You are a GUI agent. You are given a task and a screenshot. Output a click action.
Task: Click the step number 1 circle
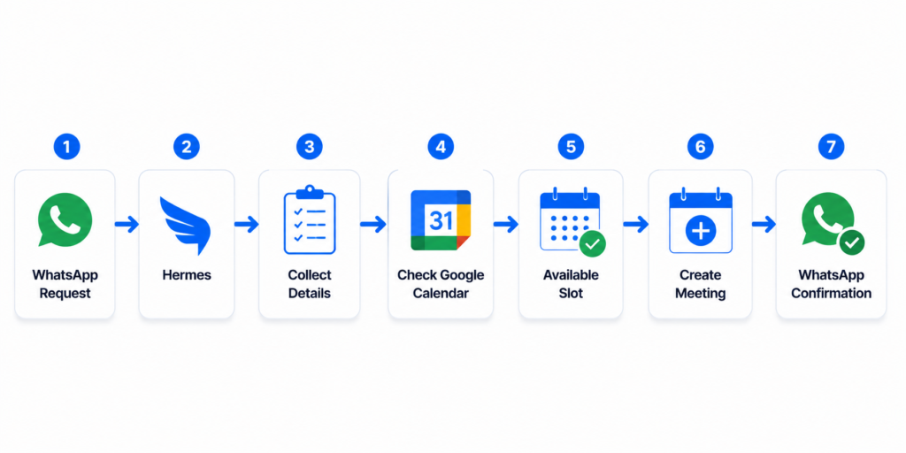point(66,147)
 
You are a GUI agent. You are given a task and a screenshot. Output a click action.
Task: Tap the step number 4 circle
point(441,147)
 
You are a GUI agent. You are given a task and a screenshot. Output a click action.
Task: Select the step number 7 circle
point(831,147)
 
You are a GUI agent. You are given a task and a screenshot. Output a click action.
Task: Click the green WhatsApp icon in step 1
point(65,220)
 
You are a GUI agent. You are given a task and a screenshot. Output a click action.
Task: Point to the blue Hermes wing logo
point(185,225)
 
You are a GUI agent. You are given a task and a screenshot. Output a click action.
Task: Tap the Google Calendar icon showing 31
point(441,220)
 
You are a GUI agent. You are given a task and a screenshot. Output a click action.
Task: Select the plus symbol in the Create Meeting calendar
point(701,231)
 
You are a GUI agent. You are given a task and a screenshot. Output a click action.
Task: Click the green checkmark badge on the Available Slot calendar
point(592,244)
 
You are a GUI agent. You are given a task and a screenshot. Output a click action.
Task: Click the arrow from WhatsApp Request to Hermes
point(127,224)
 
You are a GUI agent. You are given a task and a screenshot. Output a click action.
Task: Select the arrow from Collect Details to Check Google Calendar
point(373,224)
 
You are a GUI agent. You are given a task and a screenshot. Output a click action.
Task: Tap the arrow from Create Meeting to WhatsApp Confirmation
point(764,224)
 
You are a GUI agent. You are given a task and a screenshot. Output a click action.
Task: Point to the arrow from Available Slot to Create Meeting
point(635,224)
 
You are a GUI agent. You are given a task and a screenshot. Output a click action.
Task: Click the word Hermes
point(187,275)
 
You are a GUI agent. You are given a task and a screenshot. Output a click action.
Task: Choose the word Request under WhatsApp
point(65,294)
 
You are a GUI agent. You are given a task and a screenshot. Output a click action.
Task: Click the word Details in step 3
point(310,294)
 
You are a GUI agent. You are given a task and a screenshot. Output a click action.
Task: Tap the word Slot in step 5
point(571,294)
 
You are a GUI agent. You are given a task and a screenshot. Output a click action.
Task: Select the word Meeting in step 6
point(701,294)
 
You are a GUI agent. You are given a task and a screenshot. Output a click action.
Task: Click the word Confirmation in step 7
point(831,294)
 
